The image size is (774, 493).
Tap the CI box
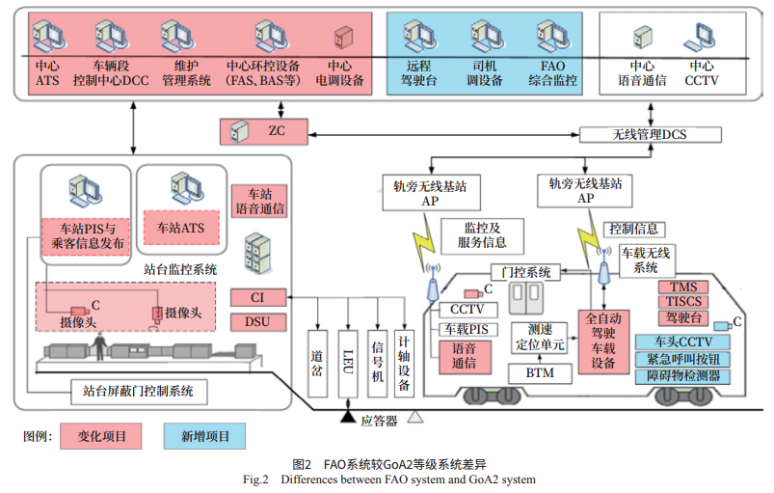click(257, 298)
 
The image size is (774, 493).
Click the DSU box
click(257, 322)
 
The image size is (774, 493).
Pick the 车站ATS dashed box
click(180, 229)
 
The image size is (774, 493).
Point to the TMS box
click(683, 287)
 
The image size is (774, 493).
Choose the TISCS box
click(683, 301)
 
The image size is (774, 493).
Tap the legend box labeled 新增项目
click(204, 437)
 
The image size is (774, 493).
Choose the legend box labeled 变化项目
click(101, 437)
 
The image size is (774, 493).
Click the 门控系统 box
click(527, 272)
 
